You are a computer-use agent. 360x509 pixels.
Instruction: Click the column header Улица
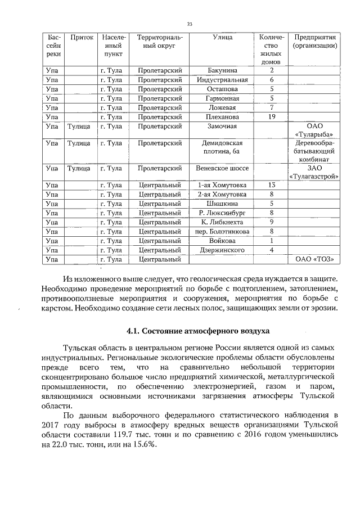[223, 37]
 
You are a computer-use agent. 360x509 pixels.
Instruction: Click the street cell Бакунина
[222, 70]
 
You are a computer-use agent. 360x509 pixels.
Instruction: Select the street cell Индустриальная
[222, 80]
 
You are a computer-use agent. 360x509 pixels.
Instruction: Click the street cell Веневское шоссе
[222, 168]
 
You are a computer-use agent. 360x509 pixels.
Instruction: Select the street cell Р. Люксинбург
[222, 213]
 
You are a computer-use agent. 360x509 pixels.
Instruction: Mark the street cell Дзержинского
[222, 250]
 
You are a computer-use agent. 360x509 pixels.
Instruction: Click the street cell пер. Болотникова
[222, 231]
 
